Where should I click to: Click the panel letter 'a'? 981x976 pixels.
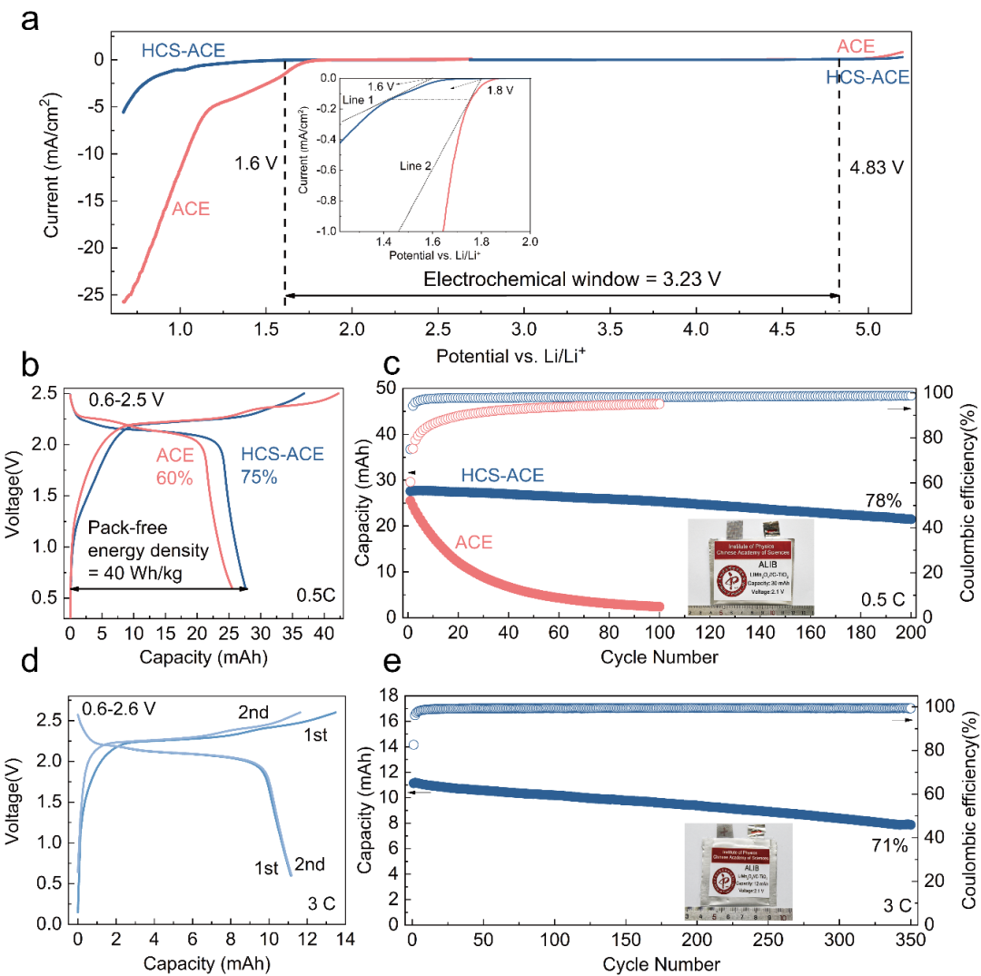tap(30, 19)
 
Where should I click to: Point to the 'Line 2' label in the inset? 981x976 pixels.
tap(414, 166)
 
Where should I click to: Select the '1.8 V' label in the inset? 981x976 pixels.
tap(500, 91)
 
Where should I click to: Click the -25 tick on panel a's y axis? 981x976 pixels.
tap(94, 295)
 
